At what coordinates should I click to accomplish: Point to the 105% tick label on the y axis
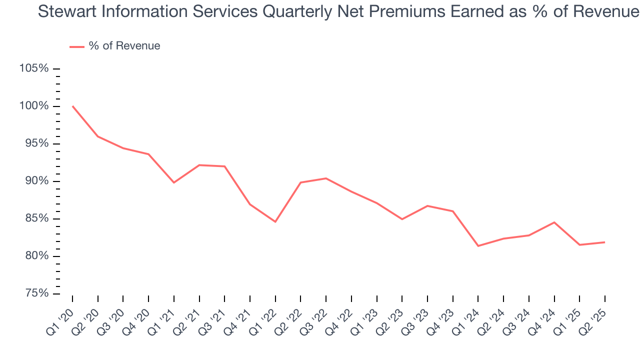34,68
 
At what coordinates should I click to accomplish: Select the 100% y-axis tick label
34,106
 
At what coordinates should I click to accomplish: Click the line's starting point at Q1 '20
72,106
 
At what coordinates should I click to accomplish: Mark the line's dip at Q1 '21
174,182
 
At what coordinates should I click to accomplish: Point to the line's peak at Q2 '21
199,165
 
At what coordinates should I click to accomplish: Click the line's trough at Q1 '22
275,221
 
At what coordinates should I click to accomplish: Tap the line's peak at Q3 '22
326,178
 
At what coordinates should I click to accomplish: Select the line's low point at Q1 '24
478,246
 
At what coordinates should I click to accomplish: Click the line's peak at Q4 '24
554,222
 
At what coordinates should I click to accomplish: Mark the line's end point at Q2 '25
604,242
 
